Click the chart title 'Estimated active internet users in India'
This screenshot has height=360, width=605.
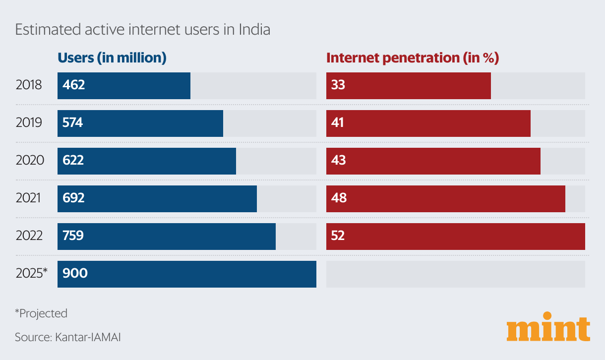[x=142, y=30]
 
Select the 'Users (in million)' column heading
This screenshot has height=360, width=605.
[x=112, y=58]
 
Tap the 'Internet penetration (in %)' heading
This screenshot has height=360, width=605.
[x=412, y=58]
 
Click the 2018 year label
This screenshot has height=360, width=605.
[x=29, y=85]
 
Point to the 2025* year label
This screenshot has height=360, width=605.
[x=31, y=273]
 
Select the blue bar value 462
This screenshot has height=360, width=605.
[x=74, y=85]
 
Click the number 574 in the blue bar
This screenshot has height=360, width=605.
[x=73, y=122]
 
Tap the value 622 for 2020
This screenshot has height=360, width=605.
[x=73, y=160]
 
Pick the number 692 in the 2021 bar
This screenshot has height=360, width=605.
[x=74, y=198]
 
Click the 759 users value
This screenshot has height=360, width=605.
[x=73, y=236]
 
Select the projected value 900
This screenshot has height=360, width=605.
[x=75, y=273]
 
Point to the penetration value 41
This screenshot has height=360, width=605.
[x=337, y=122]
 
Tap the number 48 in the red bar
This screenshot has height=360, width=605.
[x=339, y=198]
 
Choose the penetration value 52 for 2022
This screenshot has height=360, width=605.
[x=338, y=236]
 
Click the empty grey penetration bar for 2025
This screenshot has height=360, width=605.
[x=455, y=274]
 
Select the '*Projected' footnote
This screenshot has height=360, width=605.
[x=41, y=313]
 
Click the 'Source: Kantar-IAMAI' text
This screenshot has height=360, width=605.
[x=68, y=337]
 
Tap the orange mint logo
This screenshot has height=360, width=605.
[x=548, y=327]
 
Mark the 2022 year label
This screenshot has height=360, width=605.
[x=29, y=236]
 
